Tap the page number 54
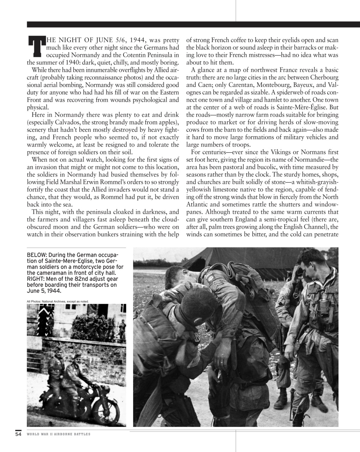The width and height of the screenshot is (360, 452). click(x=18, y=434)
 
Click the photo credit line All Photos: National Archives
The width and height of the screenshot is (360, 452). click(x=58, y=301)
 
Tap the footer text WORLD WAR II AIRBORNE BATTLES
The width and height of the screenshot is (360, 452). click(x=59, y=434)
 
